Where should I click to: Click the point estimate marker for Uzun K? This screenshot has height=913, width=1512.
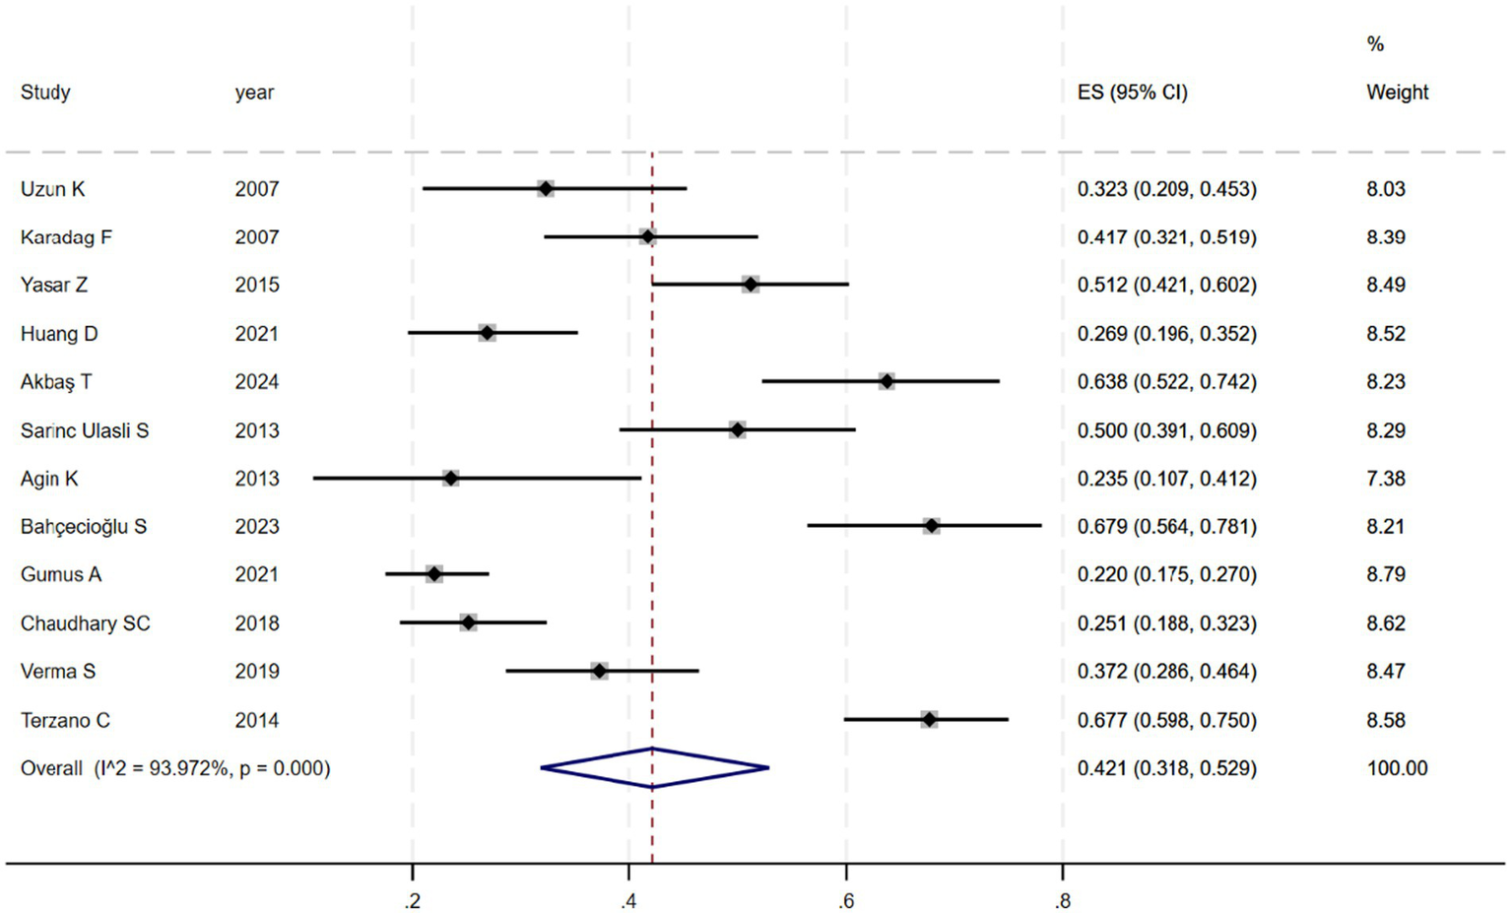point(546,188)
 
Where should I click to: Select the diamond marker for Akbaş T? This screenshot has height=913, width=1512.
point(887,381)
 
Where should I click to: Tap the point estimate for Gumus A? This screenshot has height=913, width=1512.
point(434,574)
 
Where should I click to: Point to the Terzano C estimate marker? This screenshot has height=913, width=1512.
point(929,720)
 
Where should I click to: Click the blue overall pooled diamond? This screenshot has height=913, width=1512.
point(654,768)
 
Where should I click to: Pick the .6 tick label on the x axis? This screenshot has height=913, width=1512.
point(846,901)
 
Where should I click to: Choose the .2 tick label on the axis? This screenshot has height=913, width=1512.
point(413,901)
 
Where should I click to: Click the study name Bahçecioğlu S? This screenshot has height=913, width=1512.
point(84,527)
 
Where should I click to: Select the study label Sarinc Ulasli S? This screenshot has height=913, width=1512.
point(85,430)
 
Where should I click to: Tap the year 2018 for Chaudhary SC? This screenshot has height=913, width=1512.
point(257,623)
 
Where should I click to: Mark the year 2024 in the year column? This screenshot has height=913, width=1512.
point(257,382)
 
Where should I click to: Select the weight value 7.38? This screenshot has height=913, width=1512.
point(1386,479)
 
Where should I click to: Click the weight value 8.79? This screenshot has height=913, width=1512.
point(1386,574)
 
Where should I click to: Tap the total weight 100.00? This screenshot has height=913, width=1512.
point(1397,768)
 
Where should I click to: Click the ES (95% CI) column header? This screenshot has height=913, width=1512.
point(1133,93)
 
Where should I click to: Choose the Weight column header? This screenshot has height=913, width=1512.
point(1397,93)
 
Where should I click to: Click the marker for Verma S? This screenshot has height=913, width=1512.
point(599,672)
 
